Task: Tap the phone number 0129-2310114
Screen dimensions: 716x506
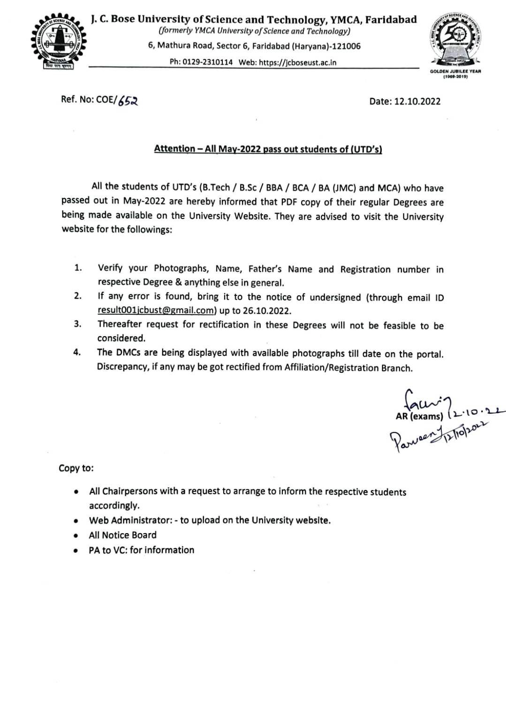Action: pos(207,62)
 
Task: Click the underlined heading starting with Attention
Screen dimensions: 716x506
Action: pos(268,149)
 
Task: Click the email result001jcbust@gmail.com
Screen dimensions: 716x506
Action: pos(157,310)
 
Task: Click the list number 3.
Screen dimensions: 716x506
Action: pos(77,324)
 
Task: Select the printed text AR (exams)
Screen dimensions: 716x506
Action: pos(419,416)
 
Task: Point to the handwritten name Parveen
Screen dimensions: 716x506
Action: pos(411,438)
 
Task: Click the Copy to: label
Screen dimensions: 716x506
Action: pos(76,468)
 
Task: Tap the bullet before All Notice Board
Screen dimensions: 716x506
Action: pos(76,535)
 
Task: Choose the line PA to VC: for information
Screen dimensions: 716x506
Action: pos(141,550)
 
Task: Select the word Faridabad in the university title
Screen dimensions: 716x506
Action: pos(391,20)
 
